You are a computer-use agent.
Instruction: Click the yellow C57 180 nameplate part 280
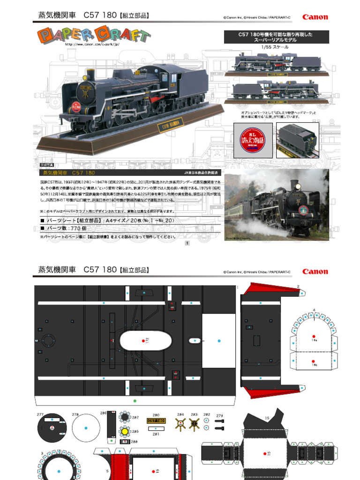156,421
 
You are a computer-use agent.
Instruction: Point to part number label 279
219,416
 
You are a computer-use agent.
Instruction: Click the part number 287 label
135,417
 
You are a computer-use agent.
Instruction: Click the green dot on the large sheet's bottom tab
135,401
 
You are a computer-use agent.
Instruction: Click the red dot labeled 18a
313,336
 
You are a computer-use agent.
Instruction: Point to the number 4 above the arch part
314,309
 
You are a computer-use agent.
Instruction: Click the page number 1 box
187,243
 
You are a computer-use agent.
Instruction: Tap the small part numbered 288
125,442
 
